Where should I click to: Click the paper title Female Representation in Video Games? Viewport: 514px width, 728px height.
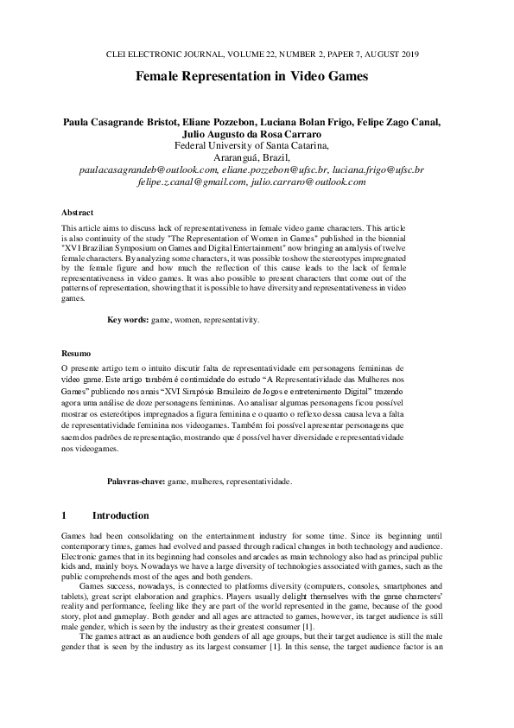click(x=251, y=77)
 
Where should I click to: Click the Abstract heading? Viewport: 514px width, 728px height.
click(x=78, y=212)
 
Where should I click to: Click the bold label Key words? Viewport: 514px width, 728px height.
click(x=127, y=320)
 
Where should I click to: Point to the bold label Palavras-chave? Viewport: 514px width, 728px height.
click(x=136, y=480)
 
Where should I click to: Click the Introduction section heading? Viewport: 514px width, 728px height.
click(x=120, y=515)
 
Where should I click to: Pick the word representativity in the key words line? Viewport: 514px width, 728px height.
click(x=232, y=320)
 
